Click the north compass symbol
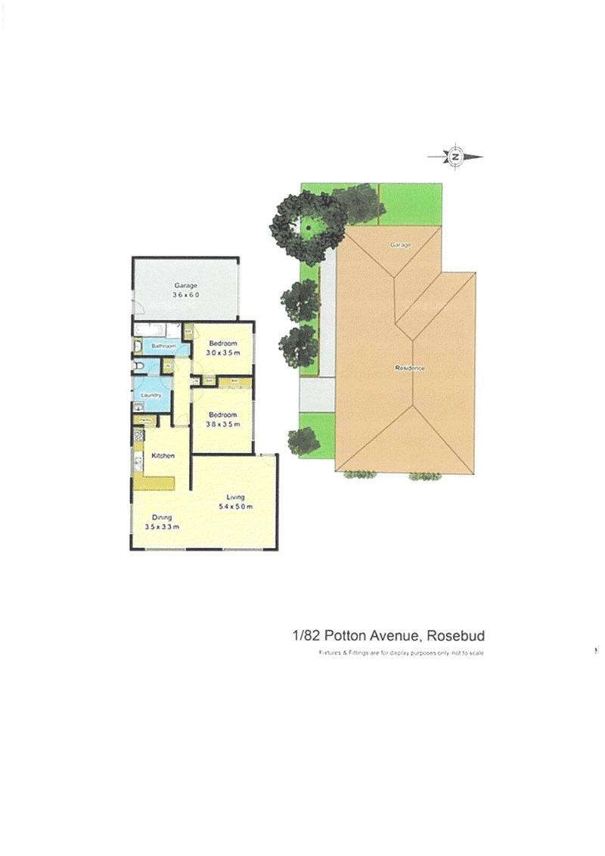click(x=455, y=157)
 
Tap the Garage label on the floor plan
click(x=185, y=285)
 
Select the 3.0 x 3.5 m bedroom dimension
click(x=224, y=352)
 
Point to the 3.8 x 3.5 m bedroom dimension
click(x=223, y=424)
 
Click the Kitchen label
click(x=163, y=455)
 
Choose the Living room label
click(x=235, y=496)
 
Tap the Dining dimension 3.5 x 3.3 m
click(x=162, y=527)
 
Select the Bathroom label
click(x=163, y=346)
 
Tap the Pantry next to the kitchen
click(x=141, y=418)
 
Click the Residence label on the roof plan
click(x=410, y=368)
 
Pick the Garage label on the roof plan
click(x=399, y=245)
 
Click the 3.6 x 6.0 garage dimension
click(x=185, y=295)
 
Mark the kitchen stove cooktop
click(x=138, y=436)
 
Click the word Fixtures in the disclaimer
click(x=330, y=653)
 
